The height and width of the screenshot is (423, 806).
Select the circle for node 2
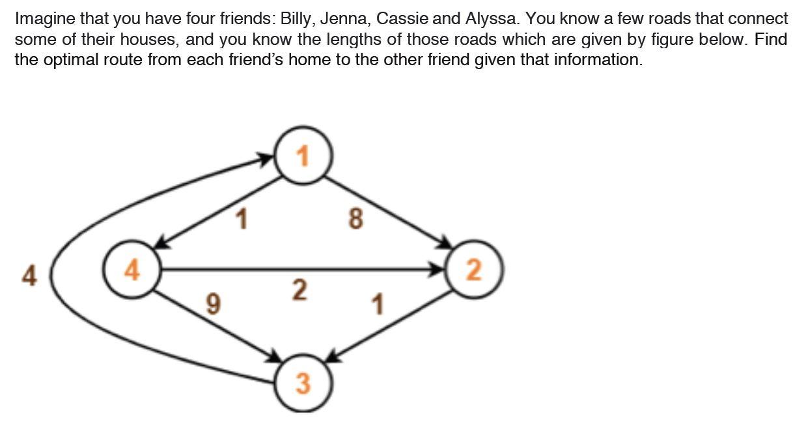click(474, 269)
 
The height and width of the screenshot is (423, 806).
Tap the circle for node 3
click(303, 383)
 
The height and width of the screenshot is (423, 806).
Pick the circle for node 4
click(132, 269)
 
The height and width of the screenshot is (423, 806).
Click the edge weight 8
click(355, 219)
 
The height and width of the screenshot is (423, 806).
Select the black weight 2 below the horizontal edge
click(298, 290)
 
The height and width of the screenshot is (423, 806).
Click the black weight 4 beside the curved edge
click(29, 276)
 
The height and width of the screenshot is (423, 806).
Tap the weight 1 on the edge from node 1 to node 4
click(242, 220)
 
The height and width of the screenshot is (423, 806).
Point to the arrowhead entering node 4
click(161, 244)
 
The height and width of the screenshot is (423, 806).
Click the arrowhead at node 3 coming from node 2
click(333, 357)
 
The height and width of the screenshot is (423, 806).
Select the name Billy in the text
click(297, 18)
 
